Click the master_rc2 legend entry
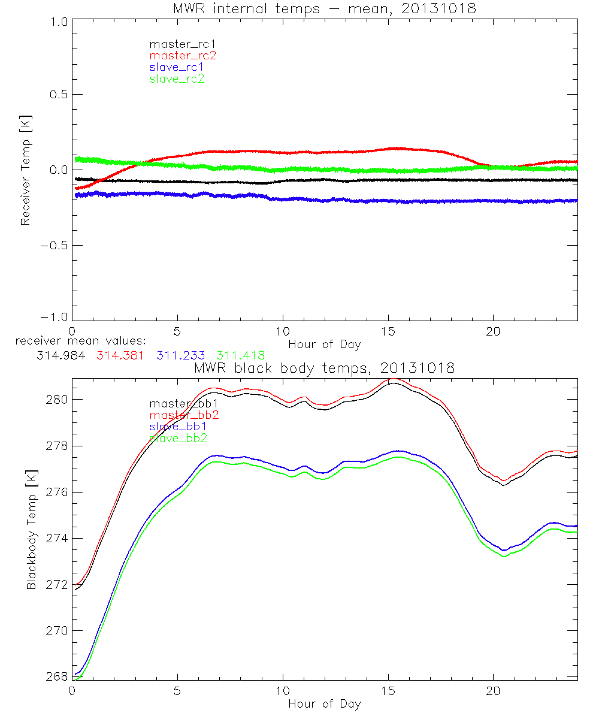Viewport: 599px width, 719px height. point(183,56)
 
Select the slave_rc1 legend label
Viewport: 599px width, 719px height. point(177,67)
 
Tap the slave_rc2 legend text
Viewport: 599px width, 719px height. point(177,78)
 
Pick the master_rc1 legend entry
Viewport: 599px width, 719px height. point(183,44)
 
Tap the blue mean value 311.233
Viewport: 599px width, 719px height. point(181,355)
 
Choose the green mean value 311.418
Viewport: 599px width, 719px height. point(241,355)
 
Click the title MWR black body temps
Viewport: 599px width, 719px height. point(324,368)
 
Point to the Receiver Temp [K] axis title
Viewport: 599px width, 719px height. point(26,170)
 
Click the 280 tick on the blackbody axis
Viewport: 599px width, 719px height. point(58,400)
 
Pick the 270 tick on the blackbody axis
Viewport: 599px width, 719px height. point(58,631)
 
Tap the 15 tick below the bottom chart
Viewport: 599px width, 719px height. point(388,691)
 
